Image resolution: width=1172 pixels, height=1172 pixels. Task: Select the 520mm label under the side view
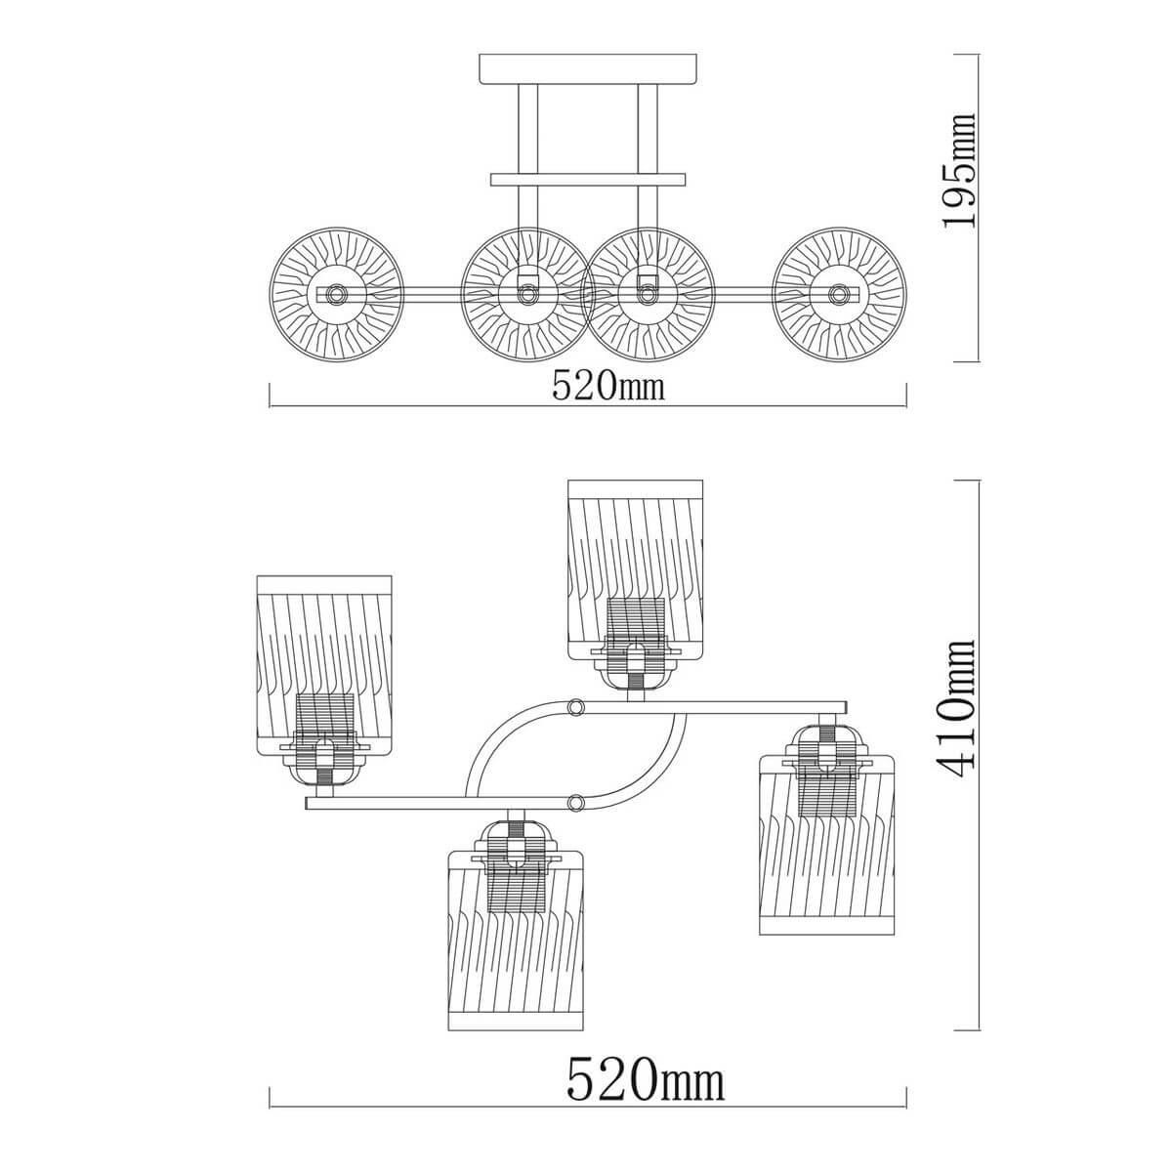(x=608, y=385)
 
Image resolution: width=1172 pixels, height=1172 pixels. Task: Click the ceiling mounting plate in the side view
(x=588, y=68)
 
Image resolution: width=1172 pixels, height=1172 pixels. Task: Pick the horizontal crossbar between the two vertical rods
(x=588, y=180)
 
